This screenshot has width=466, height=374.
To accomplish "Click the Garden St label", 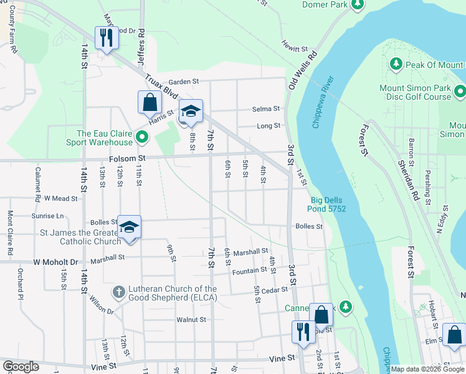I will [x=183, y=82].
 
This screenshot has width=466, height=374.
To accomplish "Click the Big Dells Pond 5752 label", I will [x=328, y=204].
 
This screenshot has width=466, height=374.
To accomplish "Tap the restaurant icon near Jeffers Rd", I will [x=106, y=37].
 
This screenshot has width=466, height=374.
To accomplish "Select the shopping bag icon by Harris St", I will [x=150, y=102].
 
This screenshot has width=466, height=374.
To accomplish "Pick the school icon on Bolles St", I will [x=129, y=227].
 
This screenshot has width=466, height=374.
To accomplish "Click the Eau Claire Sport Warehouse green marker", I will [x=143, y=137].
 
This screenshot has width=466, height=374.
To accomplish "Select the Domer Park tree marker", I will [x=357, y=5].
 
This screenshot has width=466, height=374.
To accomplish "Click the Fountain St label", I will [x=249, y=271].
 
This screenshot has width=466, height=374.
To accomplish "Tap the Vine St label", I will [x=282, y=359].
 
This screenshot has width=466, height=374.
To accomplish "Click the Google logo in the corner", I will [x=21, y=366].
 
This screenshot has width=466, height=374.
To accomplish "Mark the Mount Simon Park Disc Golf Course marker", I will [x=460, y=92].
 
